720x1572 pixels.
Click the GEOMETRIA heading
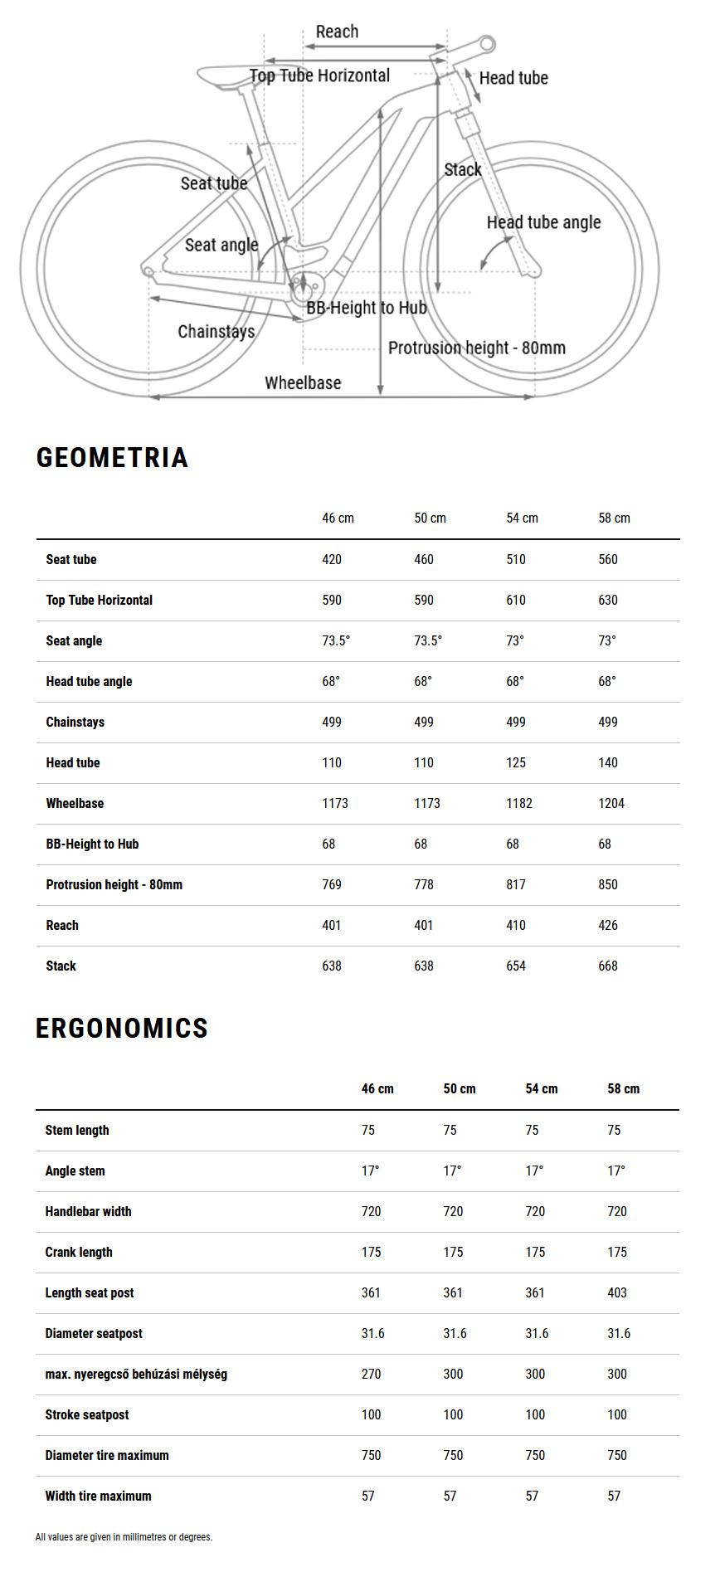[x=112, y=457]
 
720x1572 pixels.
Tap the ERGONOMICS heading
[x=122, y=1028]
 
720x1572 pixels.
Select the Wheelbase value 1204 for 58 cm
[x=611, y=803]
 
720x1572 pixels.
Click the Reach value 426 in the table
[x=608, y=925]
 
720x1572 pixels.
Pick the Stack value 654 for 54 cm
[x=516, y=966]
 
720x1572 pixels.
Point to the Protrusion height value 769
[x=332, y=884]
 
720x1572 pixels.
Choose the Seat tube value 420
[x=332, y=559]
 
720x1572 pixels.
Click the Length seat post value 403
[x=617, y=1292]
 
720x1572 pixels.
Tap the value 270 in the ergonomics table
[x=371, y=1374]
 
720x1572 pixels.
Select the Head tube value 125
[x=516, y=762]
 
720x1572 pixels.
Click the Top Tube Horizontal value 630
[x=608, y=600]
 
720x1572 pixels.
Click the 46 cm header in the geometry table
[x=338, y=518]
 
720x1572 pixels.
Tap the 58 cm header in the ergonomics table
[x=623, y=1088]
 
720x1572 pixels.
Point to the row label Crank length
[x=79, y=1252]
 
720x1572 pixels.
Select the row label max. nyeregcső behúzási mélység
[x=136, y=1374]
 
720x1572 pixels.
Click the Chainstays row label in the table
[x=75, y=722]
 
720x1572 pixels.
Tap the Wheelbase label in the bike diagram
[x=303, y=382]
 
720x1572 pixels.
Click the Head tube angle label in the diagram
[x=543, y=222]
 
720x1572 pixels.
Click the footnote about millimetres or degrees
[x=124, y=1537]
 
